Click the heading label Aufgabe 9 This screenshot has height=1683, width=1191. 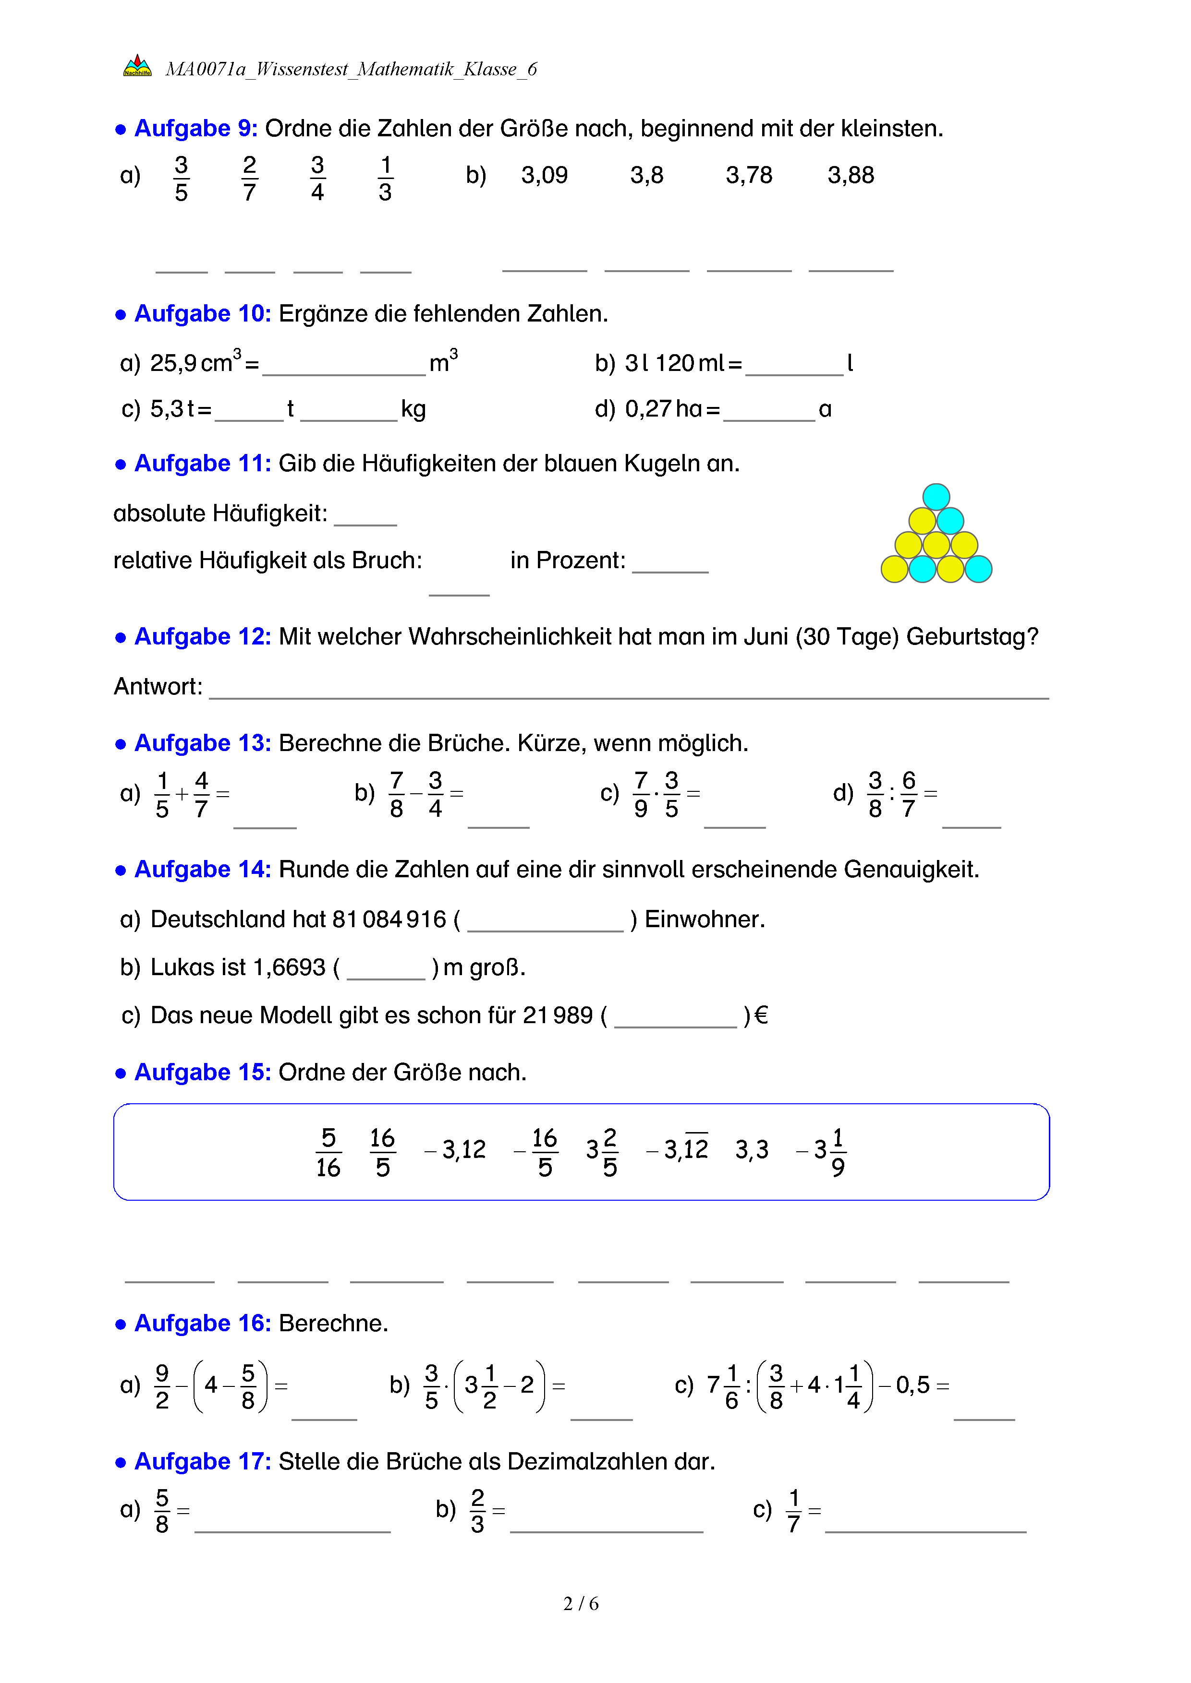(196, 128)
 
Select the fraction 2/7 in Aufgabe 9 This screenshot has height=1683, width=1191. (249, 178)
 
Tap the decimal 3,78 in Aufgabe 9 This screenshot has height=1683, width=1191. (749, 175)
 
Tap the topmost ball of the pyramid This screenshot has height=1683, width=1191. (936, 496)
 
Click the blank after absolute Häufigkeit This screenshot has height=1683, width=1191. (365, 515)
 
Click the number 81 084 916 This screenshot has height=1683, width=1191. (389, 919)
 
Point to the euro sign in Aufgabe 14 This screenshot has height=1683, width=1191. (761, 1015)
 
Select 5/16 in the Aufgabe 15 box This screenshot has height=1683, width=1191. (328, 1152)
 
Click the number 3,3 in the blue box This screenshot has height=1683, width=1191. (752, 1149)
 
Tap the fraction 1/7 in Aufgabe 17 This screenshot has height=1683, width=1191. (793, 1511)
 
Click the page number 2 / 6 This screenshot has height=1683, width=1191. (581, 1604)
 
